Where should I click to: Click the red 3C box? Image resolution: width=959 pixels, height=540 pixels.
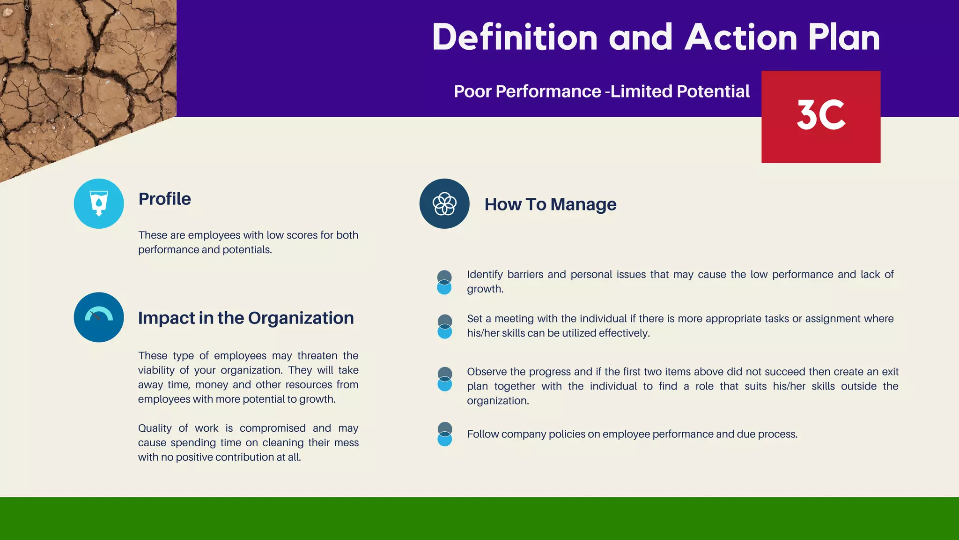(x=820, y=117)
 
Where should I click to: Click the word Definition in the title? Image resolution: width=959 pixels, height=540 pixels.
(x=515, y=37)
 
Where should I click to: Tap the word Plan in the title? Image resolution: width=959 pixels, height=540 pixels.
(x=844, y=37)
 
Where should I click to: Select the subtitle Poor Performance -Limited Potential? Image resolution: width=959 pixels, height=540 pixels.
(x=601, y=91)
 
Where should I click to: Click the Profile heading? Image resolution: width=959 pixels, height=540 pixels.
(x=164, y=199)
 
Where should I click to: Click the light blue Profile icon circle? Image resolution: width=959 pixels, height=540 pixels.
(x=99, y=203)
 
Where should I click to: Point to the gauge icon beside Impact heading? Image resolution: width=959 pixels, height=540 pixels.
(x=99, y=317)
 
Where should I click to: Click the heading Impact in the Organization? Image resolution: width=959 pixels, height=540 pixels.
(x=246, y=318)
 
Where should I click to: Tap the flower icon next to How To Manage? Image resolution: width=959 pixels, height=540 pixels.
(x=444, y=203)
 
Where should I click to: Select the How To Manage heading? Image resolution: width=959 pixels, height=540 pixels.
(x=550, y=204)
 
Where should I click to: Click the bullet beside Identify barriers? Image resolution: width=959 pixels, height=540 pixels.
(x=444, y=282)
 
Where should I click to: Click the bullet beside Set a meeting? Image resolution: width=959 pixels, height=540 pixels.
(x=444, y=326)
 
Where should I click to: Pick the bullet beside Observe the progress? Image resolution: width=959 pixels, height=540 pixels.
(x=444, y=379)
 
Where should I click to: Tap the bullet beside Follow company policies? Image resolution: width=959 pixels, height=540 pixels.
(x=444, y=434)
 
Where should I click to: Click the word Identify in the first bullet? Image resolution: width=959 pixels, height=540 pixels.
(x=485, y=274)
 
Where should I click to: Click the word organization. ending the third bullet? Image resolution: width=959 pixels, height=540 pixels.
(x=498, y=401)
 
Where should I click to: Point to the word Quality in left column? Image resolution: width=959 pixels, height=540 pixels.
(x=155, y=428)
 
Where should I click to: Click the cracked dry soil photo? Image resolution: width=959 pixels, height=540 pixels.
(x=70, y=70)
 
